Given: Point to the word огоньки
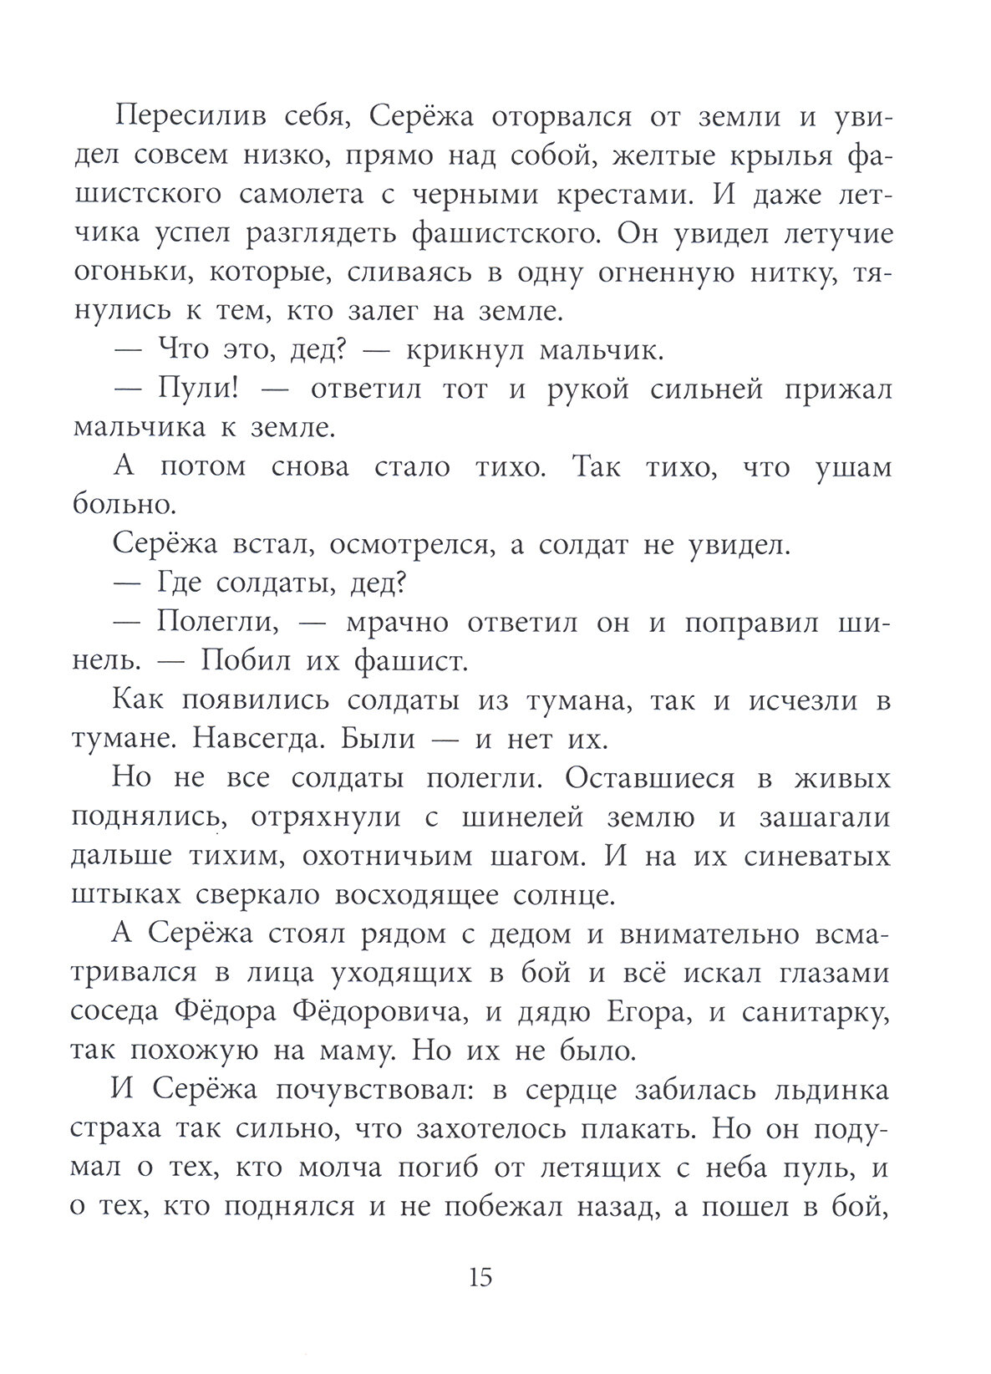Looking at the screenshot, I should click(x=128, y=273).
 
